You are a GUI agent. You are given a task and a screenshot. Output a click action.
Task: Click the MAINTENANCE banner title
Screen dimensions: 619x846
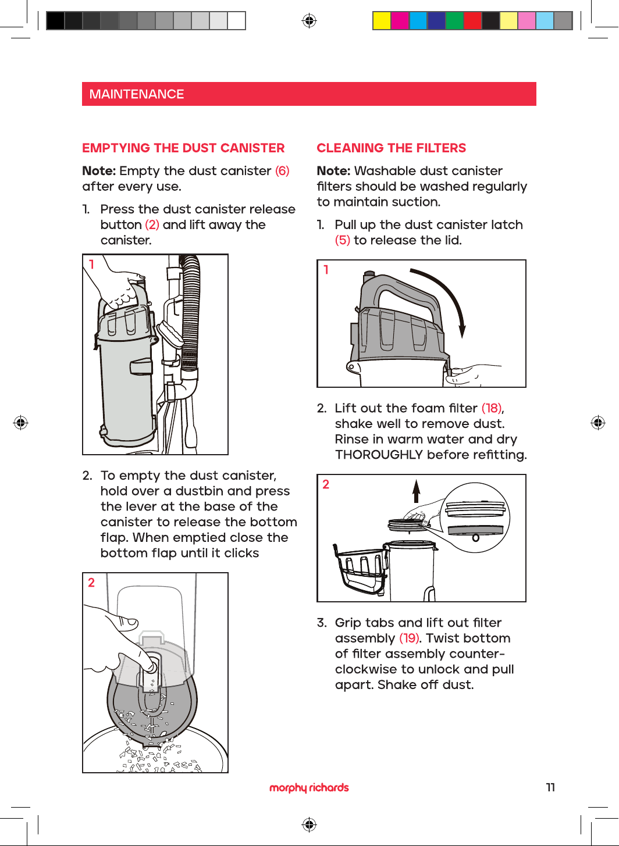(136, 94)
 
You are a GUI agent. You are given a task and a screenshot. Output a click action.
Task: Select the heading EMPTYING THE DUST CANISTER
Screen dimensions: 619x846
(183, 148)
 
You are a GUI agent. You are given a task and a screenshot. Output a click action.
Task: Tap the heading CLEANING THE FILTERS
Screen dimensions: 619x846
(391, 148)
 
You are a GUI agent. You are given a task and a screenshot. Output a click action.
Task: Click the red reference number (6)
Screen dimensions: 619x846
(282, 171)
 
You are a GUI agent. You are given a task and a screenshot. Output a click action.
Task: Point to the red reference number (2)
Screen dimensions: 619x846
(152, 224)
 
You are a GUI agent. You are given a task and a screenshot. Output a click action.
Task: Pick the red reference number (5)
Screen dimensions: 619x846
(343, 240)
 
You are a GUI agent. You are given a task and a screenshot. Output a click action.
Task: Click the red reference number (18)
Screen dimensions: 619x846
(492, 408)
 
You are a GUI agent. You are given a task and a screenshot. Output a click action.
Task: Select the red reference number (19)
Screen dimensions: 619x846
(409, 638)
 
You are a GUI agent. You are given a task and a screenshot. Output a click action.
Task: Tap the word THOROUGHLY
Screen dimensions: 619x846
(379, 455)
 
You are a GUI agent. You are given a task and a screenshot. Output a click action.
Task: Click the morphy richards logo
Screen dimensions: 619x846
(309, 788)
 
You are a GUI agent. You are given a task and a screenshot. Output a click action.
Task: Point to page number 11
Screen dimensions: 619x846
(550, 787)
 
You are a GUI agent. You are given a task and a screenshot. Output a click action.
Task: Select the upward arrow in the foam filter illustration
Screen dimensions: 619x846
(416, 491)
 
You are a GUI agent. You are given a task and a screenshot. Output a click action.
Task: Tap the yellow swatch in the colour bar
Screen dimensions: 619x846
(382, 20)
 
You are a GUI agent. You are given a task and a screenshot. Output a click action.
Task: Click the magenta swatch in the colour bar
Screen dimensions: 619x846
(400, 20)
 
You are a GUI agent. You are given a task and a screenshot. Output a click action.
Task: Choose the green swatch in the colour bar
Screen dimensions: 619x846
(454, 20)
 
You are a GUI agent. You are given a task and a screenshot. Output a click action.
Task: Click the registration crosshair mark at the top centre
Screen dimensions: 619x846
(309, 21)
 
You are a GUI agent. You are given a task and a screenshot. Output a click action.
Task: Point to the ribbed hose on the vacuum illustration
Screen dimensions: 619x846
(190, 313)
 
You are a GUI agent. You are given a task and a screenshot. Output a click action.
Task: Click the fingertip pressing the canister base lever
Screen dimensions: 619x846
(152, 666)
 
